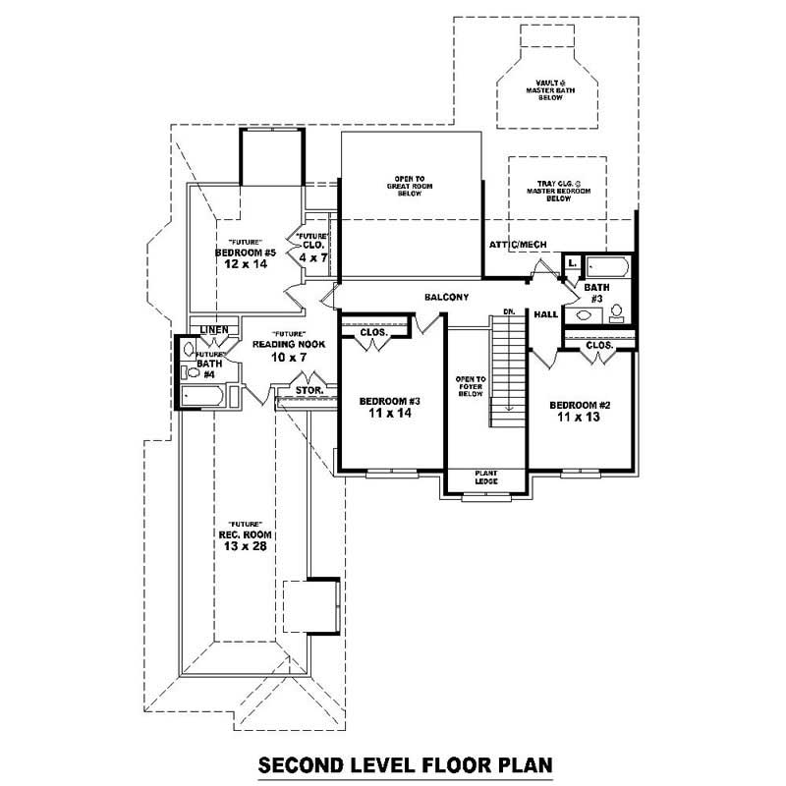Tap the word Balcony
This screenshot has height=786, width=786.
coord(446,297)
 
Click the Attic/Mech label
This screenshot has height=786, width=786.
coord(518,245)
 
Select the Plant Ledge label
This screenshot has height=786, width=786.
coord(486,477)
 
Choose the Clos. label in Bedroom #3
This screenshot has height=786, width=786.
coord(373,332)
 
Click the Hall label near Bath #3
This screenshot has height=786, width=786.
coord(546,314)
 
